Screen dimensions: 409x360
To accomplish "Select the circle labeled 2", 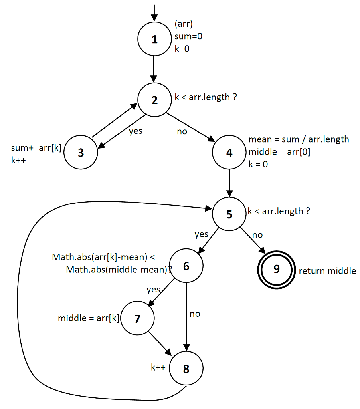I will [x=154, y=100].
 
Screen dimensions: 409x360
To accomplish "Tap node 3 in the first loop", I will [x=81, y=153].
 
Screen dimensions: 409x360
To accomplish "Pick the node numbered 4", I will [x=229, y=153].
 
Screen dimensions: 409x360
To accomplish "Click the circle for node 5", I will [x=229, y=214].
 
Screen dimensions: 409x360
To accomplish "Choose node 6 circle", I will [x=186, y=266].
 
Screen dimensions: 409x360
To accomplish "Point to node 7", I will [x=137, y=318].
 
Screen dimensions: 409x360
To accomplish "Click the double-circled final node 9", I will [x=276, y=269].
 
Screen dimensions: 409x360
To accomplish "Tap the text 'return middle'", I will [x=327, y=271].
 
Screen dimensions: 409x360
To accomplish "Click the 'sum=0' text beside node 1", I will [x=189, y=36].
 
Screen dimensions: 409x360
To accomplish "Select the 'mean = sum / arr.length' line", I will [x=299, y=139].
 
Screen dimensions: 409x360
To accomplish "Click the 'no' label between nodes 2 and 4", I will [x=182, y=131].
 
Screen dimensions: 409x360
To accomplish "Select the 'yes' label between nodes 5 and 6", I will [x=202, y=234].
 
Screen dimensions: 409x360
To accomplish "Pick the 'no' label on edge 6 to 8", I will [x=195, y=314].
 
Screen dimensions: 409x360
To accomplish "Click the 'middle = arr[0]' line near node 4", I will [x=279, y=151].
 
